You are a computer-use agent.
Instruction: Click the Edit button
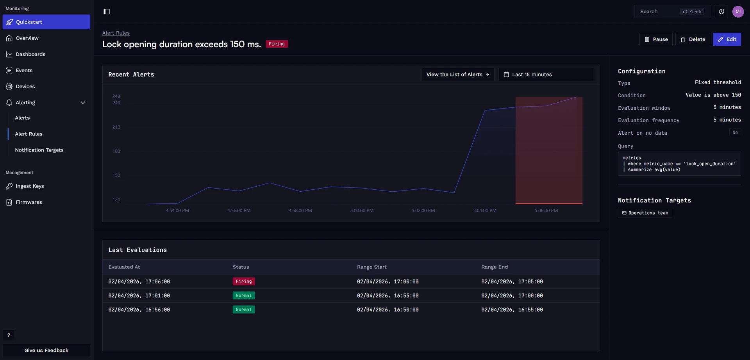(x=727, y=39)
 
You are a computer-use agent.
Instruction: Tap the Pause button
(x=656, y=39)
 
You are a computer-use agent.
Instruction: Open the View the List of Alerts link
(x=458, y=75)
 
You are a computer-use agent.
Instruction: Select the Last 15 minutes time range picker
(x=546, y=75)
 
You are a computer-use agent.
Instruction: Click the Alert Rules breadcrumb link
(x=116, y=33)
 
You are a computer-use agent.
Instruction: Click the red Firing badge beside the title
(x=277, y=44)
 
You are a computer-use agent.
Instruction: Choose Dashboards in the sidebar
(x=30, y=54)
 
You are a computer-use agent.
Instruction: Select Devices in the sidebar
(x=25, y=86)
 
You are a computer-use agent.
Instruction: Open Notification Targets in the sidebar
(x=39, y=150)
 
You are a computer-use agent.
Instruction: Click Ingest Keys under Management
(x=30, y=186)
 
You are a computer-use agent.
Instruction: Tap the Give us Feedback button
(x=46, y=350)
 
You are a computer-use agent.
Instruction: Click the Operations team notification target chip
(x=645, y=213)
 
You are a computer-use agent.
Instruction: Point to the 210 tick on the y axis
(x=116, y=127)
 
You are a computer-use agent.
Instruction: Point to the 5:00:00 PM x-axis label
(x=362, y=210)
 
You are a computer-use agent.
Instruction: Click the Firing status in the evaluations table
(x=244, y=282)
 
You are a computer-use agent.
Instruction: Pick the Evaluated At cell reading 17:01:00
(x=139, y=296)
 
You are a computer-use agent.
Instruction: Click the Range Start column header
(x=371, y=267)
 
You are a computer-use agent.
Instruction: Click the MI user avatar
(x=738, y=12)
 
